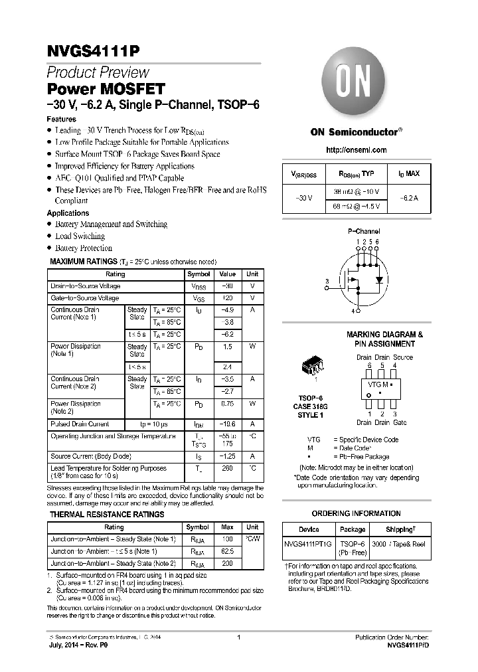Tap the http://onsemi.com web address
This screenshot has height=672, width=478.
[x=357, y=151]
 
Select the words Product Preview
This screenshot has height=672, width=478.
[x=98, y=72]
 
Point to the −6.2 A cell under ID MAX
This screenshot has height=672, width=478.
[x=408, y=198]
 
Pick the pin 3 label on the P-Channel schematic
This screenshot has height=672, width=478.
[x=327, y=282]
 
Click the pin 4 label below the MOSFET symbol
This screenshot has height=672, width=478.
[x=353, y=311]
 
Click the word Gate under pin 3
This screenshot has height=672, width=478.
[x=400, y=422]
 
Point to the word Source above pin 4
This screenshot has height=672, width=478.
[x=402, y=357]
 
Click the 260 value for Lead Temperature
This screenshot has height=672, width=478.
[x=227, y=468]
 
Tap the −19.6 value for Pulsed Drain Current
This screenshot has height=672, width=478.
[x=227, y=424]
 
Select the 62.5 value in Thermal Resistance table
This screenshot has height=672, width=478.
[x=227, y=551]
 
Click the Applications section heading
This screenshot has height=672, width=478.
[x=68, y=213]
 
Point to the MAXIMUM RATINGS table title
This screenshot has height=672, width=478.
[x=82, y=262]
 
